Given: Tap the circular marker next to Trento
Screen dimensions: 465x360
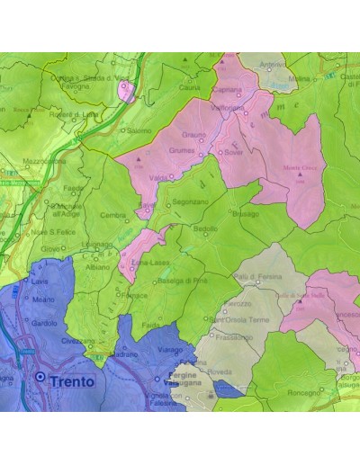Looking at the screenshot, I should coord(40,379).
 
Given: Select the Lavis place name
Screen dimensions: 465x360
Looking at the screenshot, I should coord(40,282).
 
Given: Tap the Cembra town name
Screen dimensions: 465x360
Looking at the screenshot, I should coord(112,215).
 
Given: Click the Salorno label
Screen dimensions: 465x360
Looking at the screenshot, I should coord(139,130).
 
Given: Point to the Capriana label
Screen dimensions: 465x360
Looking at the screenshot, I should coord(229,90).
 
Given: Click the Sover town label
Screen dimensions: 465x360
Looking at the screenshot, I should coord(235,153).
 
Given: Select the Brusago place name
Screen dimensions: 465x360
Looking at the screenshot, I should coord(245,215).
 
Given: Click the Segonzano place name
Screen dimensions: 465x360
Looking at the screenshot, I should coord(191,202).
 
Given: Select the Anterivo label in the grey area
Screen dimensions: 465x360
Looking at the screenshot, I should coord(272,65).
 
